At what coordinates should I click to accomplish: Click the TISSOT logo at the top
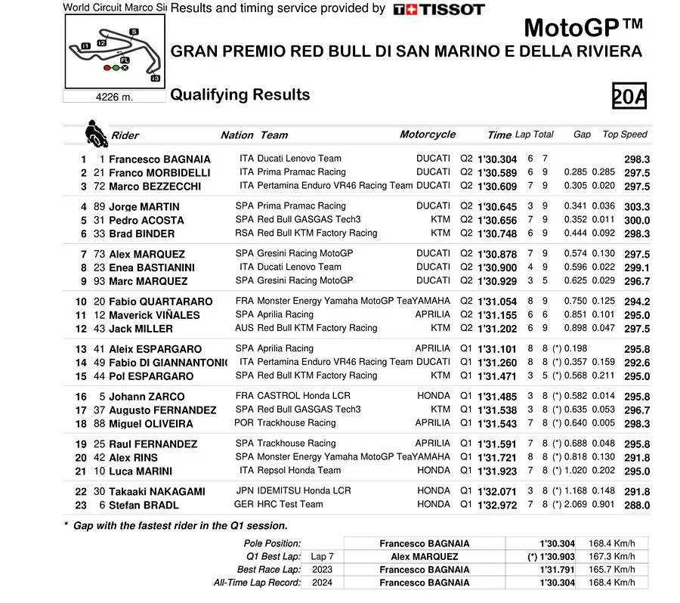[439, 9]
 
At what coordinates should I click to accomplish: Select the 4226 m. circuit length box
[114, 97]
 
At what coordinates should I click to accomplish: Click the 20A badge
[629, 97]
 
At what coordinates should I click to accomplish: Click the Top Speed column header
[625, 135]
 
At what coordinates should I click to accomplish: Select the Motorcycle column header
[427, 135]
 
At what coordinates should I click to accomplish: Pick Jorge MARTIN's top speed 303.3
[637, 207]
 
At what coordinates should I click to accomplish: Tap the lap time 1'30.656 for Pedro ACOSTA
[497, 221]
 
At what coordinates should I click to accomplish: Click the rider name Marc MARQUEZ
[148, 281]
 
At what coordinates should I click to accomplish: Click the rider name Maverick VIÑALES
[154, 315]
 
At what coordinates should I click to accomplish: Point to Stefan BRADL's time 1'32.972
[497, 505]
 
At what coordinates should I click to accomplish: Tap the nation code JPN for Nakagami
[244, 490]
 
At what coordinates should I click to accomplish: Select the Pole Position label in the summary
[272, 543]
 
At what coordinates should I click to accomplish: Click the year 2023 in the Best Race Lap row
[322, 569]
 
